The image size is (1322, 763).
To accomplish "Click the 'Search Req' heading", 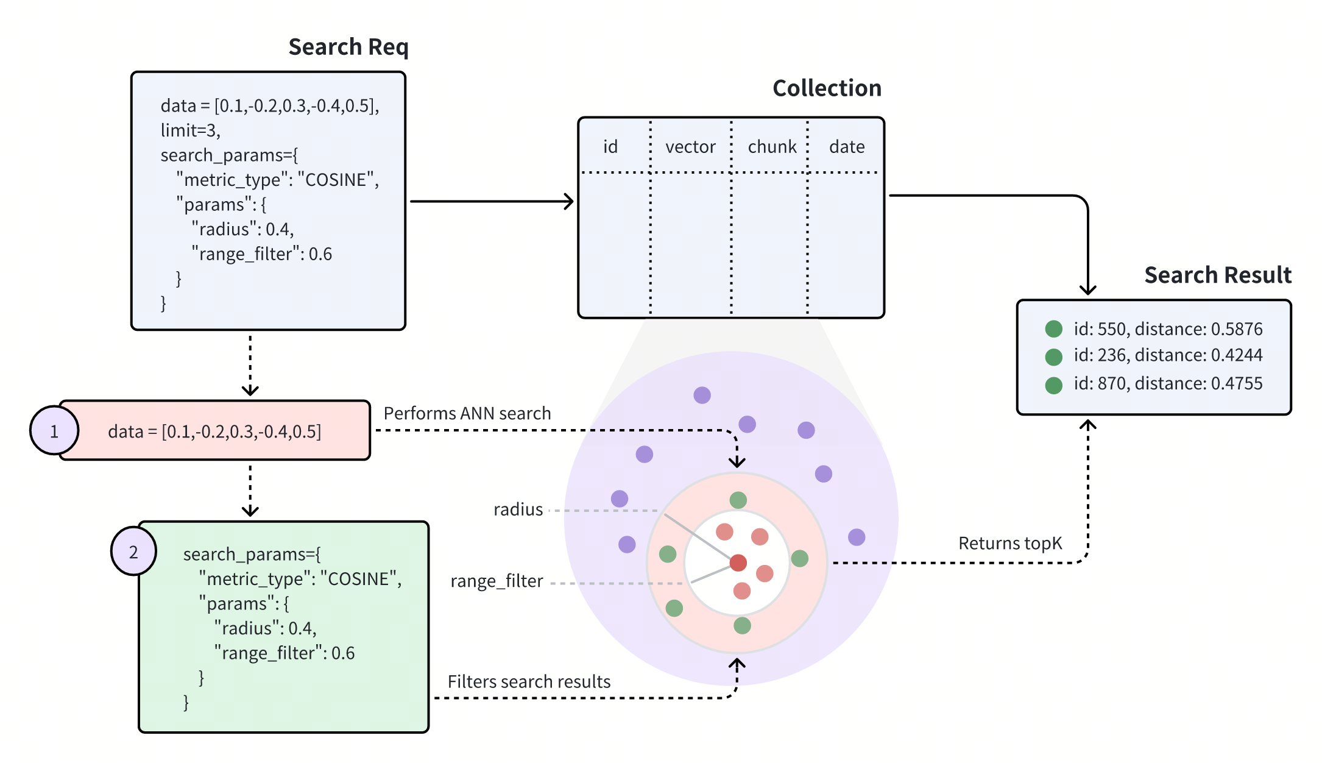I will click(x=348, y=47).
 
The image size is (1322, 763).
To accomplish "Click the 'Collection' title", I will click(x=827, y=88).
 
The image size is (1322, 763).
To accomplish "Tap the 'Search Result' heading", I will click(x=1217, y=275).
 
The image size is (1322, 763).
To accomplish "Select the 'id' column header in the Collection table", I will click(x=610, y=147).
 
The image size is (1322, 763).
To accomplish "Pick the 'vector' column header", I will click(x=690, y=147).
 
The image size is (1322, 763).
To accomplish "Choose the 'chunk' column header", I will click(x=772, y=147).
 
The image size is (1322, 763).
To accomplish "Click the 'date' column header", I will click(x=847, y=147).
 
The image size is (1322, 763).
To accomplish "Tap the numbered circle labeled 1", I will click(x=54, y=431).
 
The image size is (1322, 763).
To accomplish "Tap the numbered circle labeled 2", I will click(x=133, y=552).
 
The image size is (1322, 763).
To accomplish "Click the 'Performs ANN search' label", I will click(x=467, y=413).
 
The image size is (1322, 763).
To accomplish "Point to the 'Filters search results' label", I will click(x=529, y=681).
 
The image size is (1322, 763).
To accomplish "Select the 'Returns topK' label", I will click(x=1009, y=543).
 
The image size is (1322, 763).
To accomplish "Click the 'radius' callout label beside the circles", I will click(x=518, y=509).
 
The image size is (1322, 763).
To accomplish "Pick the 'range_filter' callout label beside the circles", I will click(x=497, y=581).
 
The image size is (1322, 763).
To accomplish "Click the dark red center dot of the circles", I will click(x=738, y=562).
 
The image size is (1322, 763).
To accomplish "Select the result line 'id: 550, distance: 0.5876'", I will click(x=1167, y=329).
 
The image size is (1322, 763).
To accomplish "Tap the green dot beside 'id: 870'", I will click(x=1053, y=385).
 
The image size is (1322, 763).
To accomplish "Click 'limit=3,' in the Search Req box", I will click(x=190, y=130).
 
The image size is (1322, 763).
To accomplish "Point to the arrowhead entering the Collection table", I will click(x=569, y=201).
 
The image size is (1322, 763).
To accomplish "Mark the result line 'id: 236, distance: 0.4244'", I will click(x=1167, y=355).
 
